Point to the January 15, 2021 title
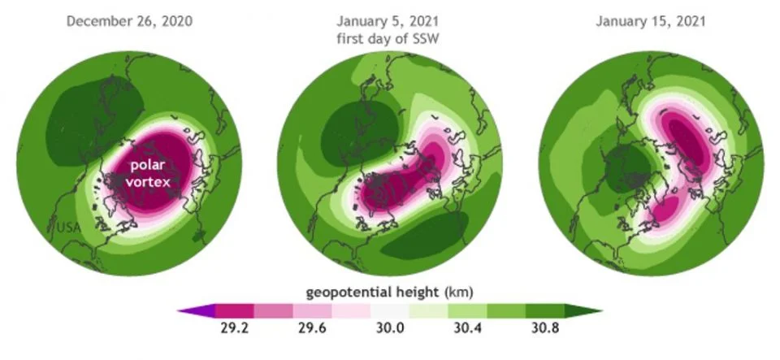650,20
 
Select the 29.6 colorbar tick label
312,329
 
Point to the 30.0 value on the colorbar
390,329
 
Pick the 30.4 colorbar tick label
467,329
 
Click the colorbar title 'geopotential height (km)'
390,292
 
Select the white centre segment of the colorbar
390,310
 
